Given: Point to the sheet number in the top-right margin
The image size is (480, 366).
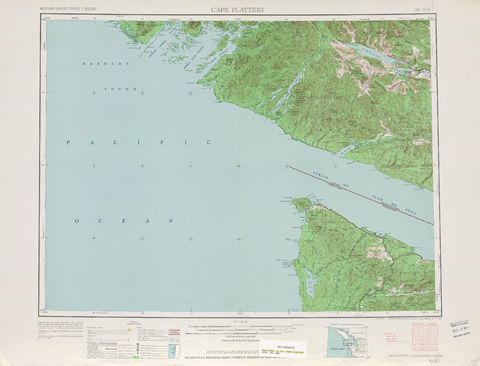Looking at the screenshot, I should [x=419, y=10].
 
